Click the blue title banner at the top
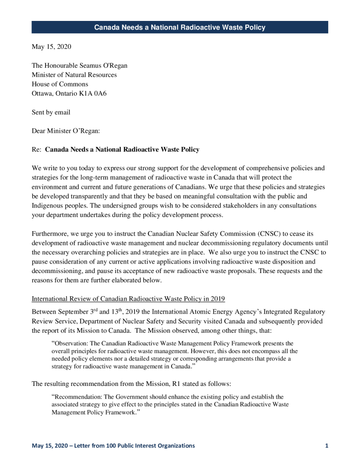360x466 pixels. click(180, 27)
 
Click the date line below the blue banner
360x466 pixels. click(51, 46)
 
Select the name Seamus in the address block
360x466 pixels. click(90, 66)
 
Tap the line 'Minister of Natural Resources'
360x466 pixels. click(74, 75)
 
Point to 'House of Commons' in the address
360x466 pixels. click(60, 84)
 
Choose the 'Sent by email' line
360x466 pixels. click(51, 112)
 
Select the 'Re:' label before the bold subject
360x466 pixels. click(37, 149)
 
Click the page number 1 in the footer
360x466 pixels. click(327, 446)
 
